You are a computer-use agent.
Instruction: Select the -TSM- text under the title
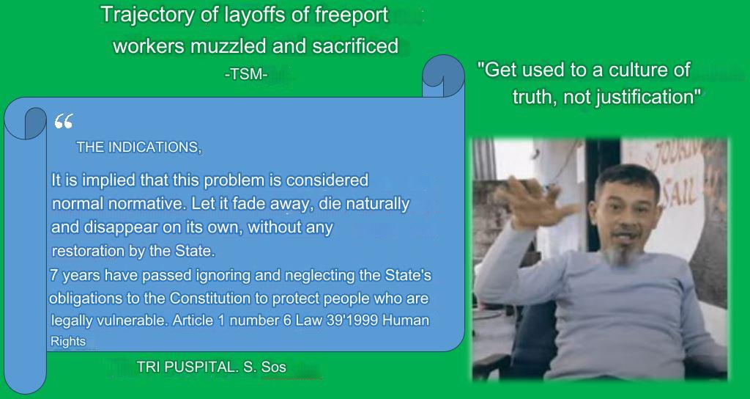point(245,73)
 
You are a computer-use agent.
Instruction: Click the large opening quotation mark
point(64,122)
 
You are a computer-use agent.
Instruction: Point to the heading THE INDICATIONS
point(138,147)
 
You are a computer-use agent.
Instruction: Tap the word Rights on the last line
point(67,342)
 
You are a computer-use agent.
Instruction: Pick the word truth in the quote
point(532,98)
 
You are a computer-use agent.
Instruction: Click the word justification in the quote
point(648,98)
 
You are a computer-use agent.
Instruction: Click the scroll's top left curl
point(26,121)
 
